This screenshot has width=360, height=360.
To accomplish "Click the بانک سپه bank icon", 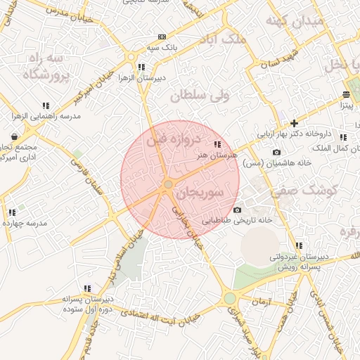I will [162, 37].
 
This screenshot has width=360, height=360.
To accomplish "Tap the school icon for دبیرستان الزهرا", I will [141, 67].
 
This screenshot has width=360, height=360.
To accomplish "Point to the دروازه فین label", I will [174, 139].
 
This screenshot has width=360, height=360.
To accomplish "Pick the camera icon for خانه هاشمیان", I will [276, 153].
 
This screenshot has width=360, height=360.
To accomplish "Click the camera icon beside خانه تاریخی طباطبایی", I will [237, 210].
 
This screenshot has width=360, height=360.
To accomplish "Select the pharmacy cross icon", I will [294, 123].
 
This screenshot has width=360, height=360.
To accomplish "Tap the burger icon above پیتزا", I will [346, 94].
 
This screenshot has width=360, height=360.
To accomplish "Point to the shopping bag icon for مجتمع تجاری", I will [15, 136].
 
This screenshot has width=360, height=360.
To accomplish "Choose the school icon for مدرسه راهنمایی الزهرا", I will [46, 105].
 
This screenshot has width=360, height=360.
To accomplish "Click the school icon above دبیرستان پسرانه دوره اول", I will [87, 288].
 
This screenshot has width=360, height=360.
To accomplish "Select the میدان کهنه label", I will [295, 21].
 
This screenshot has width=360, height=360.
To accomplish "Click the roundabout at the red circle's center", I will [168, 184].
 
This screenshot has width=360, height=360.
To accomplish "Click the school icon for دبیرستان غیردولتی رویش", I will [299, 246].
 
